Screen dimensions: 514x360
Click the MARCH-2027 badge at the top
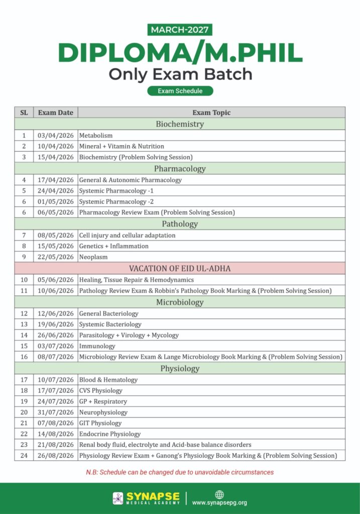180,30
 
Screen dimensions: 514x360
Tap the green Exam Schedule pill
180,91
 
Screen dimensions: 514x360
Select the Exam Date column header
55,112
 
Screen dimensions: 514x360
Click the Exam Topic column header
211,112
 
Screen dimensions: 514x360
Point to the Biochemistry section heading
180,124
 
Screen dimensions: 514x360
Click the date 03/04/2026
55,136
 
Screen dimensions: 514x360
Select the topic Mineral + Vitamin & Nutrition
122,147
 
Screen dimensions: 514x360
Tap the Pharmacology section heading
180,169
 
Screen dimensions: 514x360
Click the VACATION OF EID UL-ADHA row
180,269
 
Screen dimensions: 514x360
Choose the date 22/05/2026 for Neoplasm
55,257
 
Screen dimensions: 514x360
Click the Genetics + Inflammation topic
114,246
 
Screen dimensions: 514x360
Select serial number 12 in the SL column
24,314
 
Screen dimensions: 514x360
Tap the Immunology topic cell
97,346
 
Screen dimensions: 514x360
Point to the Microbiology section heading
180,302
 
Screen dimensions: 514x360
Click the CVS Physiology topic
101,391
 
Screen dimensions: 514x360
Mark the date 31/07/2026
55,412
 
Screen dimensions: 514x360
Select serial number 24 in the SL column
24,456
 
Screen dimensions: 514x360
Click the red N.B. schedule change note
180,472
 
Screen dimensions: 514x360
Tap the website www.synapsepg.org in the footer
219,502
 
